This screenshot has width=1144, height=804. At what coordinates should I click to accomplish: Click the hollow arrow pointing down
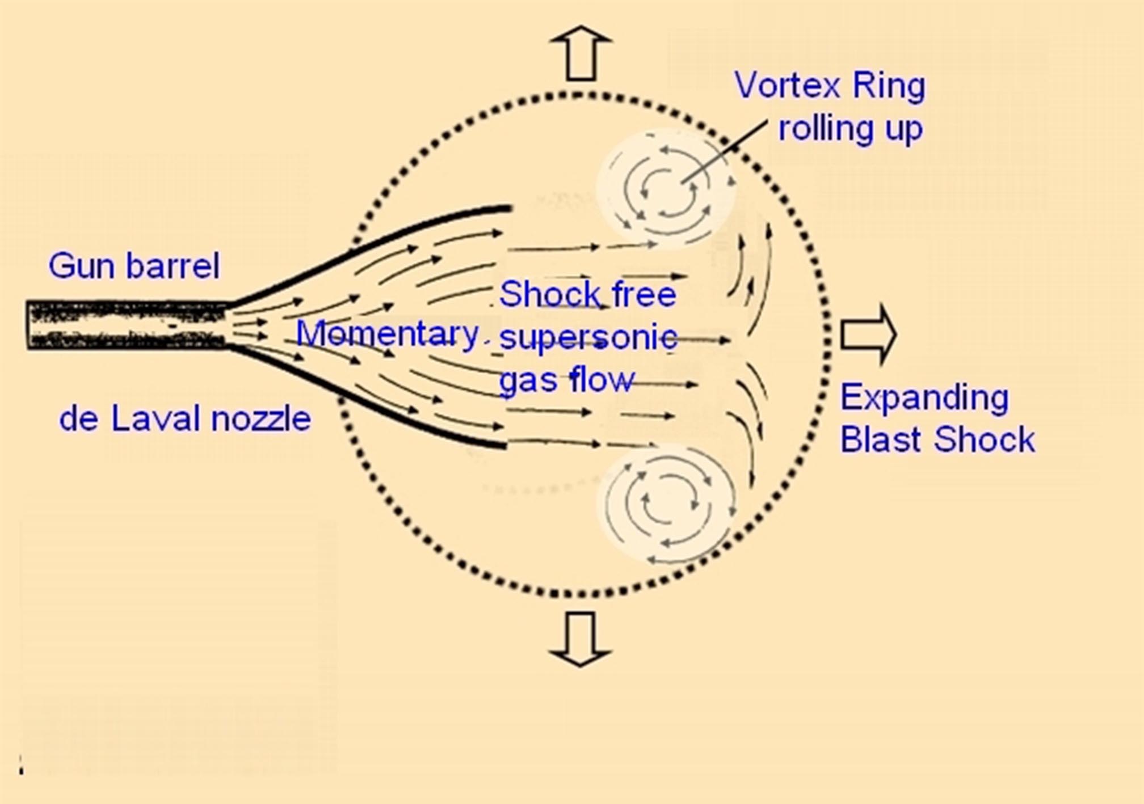pyautogui.click(x=580, y=638)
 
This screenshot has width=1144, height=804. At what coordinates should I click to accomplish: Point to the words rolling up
pyautogui.click(x=850, y=129)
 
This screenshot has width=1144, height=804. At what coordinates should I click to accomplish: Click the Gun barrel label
pyautogui.click(x=134, y=265)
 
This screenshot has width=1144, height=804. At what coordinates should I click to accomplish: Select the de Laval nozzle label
pyautogui.click(x=185, y=419)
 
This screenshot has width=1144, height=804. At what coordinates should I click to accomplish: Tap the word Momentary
pyautogui.click(x=388, y=333)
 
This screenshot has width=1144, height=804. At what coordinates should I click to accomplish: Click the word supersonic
pyautogui.click(x=588, y=337)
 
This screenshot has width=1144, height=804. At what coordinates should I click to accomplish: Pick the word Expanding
pyautogui.click(x=924, y=397)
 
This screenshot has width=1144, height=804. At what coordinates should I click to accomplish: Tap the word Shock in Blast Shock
pyautogui.click(x=985, y=439)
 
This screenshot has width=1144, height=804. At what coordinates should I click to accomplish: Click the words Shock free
pyautogui.click(x=587, y=294)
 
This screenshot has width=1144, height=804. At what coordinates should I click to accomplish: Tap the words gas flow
pyautogui.click(x=566, y=379)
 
